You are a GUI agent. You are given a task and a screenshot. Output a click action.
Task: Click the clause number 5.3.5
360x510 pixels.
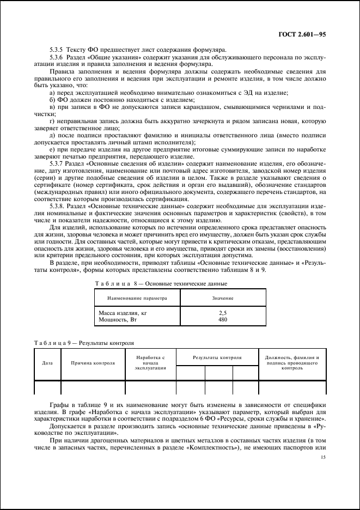coord(57,51)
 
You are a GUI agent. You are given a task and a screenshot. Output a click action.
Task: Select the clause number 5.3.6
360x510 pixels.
coord(57,57)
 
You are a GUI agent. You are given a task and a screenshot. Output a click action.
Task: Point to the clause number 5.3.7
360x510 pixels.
coord(57,162)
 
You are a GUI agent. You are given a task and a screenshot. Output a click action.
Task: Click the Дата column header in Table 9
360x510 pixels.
coord(47,362)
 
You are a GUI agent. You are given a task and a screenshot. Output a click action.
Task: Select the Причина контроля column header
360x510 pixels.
coord(93,362)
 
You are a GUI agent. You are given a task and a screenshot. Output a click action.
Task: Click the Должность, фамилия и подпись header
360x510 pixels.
coord(292,362)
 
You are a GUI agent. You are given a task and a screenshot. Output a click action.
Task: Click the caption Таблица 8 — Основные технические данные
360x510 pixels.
coord(161,284)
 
